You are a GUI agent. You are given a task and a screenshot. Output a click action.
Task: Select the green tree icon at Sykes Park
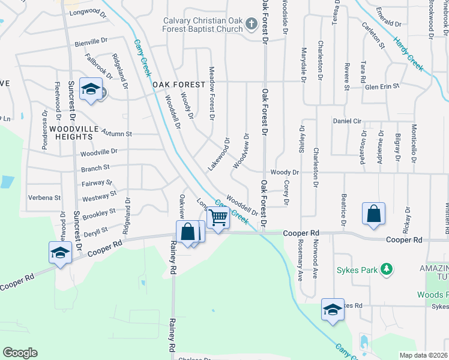(388, 269)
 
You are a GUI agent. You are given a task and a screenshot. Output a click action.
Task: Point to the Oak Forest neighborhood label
(175, 85)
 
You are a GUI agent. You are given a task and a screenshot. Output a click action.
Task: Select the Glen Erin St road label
(382, 86)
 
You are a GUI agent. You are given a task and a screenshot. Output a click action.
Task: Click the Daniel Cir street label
(347, 121)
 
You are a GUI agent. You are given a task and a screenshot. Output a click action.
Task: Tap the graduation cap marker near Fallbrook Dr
(91, 90)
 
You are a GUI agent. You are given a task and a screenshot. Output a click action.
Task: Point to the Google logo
(20, 353)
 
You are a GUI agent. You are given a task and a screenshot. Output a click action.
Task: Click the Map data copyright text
(423, 355)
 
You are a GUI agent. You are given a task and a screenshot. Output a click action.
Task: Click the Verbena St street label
(46, 197)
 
